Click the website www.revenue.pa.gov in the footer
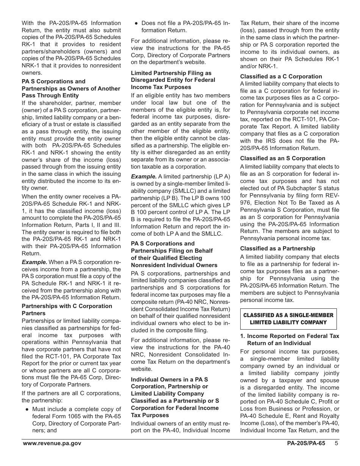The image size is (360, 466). (52, 443)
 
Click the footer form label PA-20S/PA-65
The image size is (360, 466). (306, 443)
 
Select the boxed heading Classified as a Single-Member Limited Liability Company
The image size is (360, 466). (288, 319)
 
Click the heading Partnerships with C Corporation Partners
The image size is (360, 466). (67, 310)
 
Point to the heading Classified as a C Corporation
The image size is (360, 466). (281, 76)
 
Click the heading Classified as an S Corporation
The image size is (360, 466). (282, 158)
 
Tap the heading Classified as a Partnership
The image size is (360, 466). (277, 249)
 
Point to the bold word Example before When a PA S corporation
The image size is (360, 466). (34, 262)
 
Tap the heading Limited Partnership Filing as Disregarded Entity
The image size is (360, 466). (173, 80)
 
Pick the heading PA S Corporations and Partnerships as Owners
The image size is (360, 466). (70, 88)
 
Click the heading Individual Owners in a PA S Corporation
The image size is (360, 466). (175, 397)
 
